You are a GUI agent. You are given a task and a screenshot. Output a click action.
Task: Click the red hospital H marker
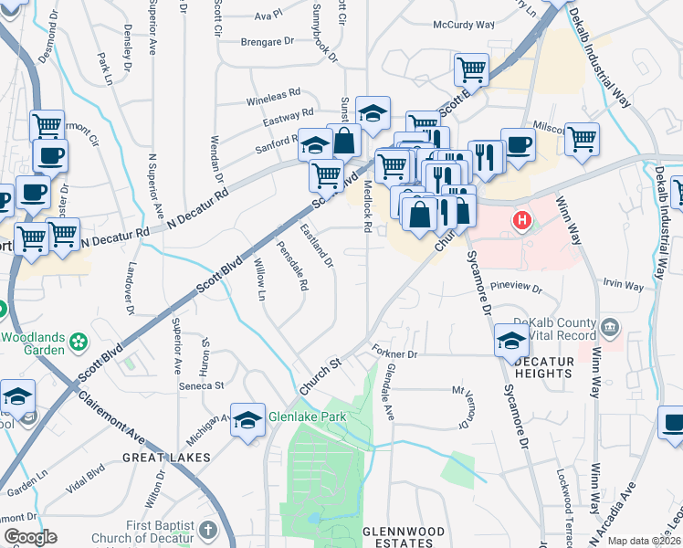point(521,220)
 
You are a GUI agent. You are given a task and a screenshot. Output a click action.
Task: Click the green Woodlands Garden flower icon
point(80,342)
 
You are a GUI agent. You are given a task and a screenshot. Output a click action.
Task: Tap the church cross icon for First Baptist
point(209,531)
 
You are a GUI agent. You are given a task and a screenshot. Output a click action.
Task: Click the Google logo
point(30,537)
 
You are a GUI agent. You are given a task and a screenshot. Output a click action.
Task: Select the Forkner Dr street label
point(394,353)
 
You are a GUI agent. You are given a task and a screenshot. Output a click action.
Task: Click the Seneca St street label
point(206,385)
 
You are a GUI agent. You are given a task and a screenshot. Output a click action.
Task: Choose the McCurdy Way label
point(463,25)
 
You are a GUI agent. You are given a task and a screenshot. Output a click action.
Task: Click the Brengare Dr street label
point(267,41)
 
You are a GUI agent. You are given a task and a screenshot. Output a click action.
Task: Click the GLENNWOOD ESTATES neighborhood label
point(404,537)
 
